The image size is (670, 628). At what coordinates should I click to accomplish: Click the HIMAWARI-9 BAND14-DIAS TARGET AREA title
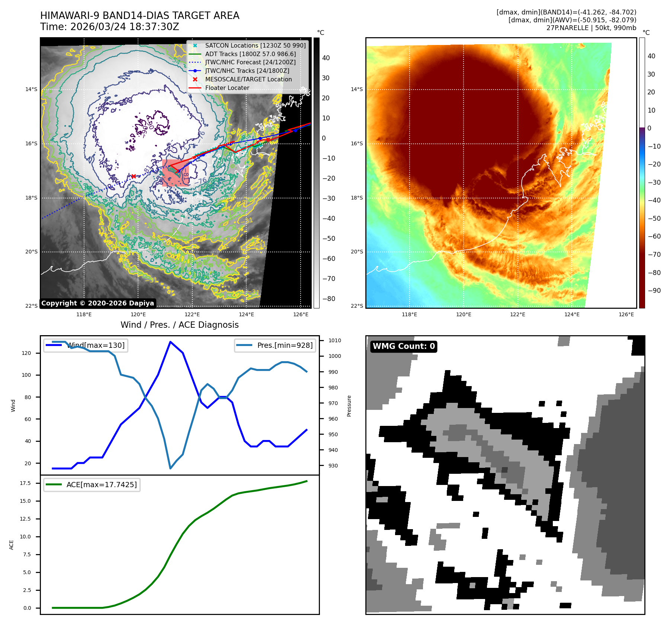(x=140, y=16)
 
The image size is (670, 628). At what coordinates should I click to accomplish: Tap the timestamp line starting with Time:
(x=110, y=27)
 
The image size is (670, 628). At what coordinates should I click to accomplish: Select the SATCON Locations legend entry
(x=255, y=45)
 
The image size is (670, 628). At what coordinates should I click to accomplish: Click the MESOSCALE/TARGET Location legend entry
(x=248, y=79)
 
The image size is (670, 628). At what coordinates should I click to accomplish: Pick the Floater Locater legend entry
(x=227, y=88)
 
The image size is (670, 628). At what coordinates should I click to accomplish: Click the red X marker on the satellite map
(x=134, y=176)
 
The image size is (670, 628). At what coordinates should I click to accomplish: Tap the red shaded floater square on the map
(x=176, y=173)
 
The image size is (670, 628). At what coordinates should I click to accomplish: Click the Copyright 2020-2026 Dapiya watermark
(x=97, y=303)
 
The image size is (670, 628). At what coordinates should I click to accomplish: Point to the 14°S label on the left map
(x=31, y=89)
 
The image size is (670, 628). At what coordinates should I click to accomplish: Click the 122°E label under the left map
(x=192, y=314)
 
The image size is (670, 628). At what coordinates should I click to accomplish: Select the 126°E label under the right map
(x=626, y=314)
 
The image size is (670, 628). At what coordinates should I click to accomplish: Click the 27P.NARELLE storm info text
(x=591, y=28)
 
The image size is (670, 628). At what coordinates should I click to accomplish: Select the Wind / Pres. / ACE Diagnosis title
(x=179, y=325)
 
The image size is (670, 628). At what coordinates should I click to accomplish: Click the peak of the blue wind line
(x=170, y=341)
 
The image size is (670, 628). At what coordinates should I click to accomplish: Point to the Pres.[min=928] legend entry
(x=285, y=345)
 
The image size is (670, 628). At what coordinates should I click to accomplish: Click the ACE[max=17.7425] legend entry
(x=101, y=485)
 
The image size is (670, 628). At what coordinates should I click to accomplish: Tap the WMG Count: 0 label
(x=404, y=346)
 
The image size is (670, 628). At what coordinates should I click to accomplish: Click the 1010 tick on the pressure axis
(x=335, y=340)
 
